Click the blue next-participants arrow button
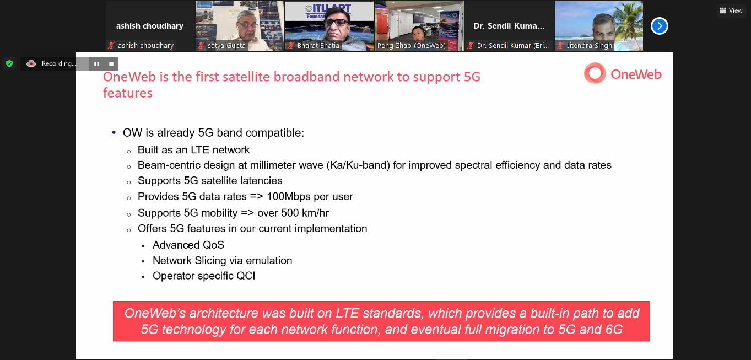point(659,26)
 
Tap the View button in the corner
point(731,10)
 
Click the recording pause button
point(96,64)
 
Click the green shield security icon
point(9,63)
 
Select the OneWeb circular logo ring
point(595,73)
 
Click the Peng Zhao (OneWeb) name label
point(412,46)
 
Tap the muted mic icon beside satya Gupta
point(201,46)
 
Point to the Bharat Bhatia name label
point(318,46)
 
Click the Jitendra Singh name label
point(590,46)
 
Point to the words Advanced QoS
point(188,245)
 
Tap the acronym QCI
point(246,276)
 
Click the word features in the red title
point(128,93)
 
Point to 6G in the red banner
point(614,330)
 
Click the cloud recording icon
point(31,63)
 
